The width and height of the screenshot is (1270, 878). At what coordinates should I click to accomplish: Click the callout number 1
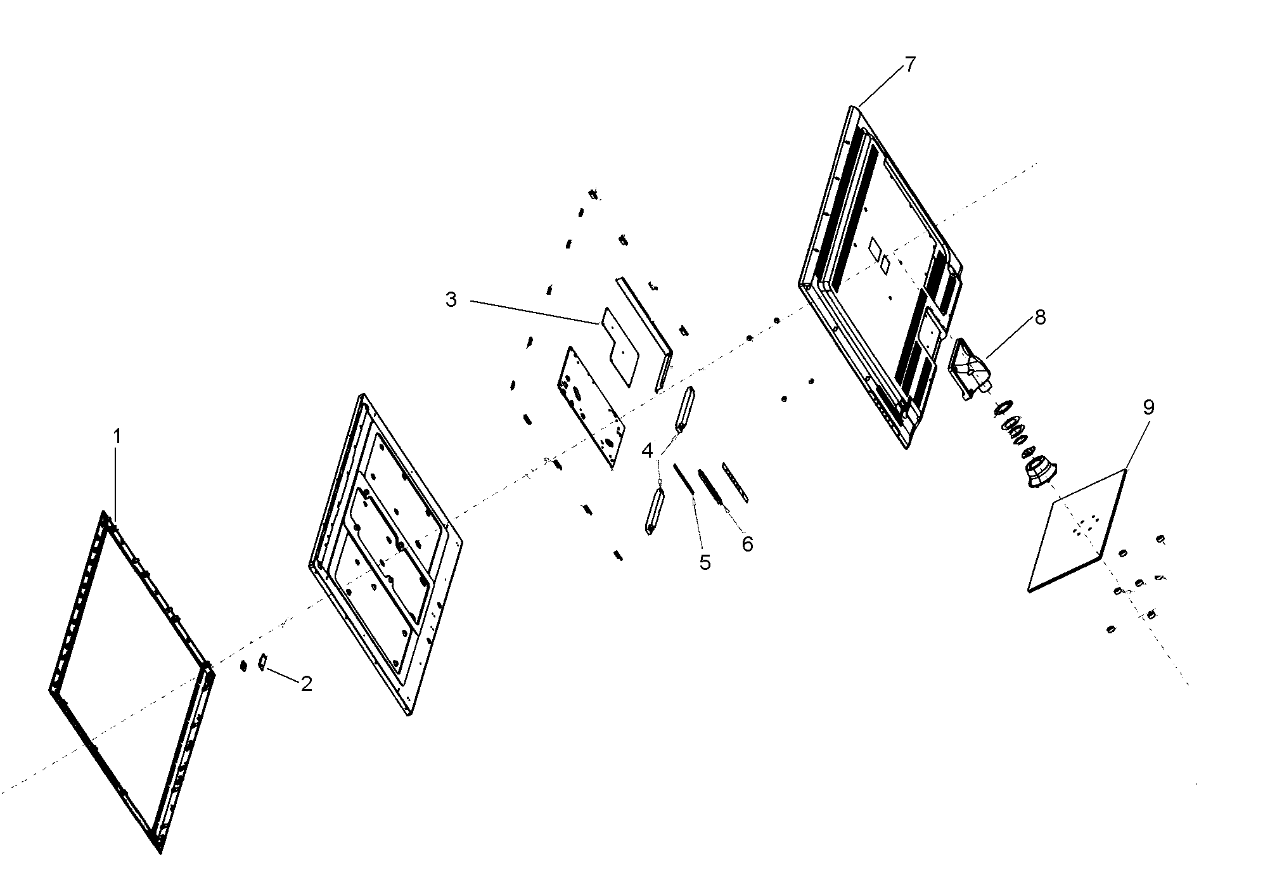(x=117, y=437)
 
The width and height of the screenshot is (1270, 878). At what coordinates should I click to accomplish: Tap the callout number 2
(x=307, y=684)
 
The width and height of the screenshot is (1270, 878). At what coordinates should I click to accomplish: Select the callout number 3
(x=451, y=300)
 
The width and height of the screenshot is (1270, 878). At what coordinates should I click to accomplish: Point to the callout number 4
(x=647, y=451)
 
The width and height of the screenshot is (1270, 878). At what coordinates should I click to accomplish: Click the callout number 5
(x=705, y=562)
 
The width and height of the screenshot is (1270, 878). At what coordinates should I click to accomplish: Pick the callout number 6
(x=748, y=544)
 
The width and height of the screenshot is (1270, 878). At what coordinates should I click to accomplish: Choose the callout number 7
(x=910, y=64)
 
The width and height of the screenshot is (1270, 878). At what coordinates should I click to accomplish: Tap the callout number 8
(x=1041, y=318)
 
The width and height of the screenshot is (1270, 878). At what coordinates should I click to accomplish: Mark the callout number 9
(x=1148, y=408)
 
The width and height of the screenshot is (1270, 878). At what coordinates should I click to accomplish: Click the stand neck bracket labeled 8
(x=970, y=369)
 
